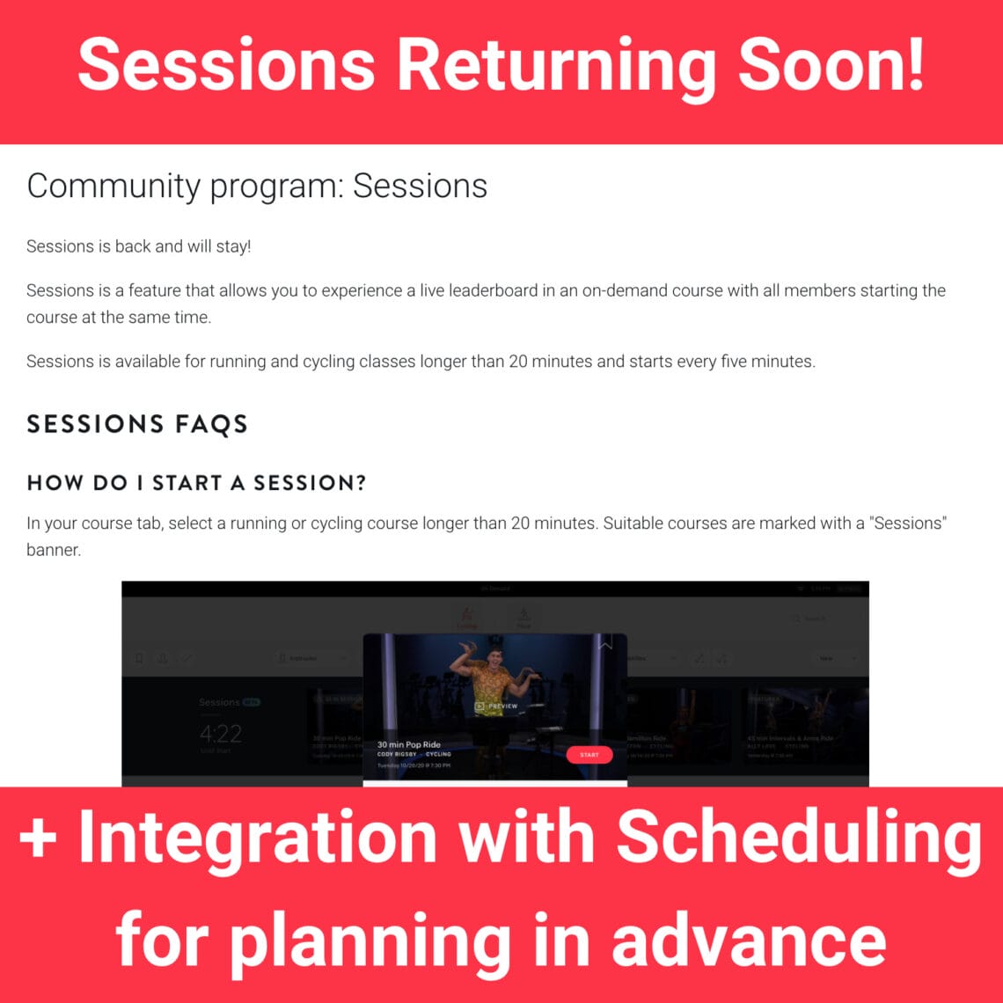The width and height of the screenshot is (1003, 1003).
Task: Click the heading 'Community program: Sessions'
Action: point(257,187)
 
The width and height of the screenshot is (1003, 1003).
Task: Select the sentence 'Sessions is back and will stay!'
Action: point(139,246)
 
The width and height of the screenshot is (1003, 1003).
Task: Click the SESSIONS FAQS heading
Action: point(137,424)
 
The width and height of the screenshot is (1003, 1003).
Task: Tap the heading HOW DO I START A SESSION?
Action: point(196,482)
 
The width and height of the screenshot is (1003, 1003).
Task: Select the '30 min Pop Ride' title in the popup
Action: point(409,744)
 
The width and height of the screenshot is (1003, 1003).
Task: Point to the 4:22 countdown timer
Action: point(220,734)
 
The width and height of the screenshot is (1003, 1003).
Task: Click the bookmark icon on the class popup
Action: point(605,645)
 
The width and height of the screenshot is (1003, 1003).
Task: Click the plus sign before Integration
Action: point(38,840)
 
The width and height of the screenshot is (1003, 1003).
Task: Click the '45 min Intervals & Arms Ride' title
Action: point(789,738)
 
